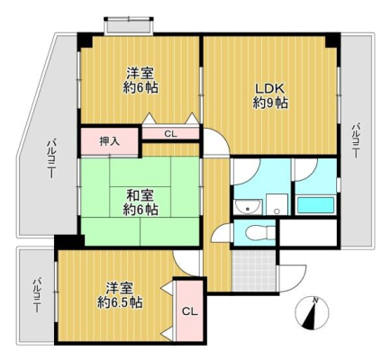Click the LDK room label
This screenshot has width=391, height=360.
(x=269, y=88)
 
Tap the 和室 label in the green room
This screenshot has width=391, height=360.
(x=140, y=196)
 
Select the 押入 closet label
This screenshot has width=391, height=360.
(x=110, y=141)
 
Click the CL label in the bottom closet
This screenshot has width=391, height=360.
(x=190, y=312)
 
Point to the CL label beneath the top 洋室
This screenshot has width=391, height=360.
(x=170, y=134)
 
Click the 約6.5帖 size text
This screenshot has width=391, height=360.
(x=120, y=303)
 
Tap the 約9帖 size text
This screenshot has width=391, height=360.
(x=270, y=103)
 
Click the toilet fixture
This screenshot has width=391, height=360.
(x=259, y=232)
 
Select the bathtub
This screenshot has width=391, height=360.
(x=315, y=205)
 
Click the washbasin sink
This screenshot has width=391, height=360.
(x=248, y=207)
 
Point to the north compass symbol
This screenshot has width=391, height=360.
(x=312, y=313)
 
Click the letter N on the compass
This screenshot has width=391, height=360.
(x=315, y=300)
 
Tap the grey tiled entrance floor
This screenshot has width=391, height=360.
(x=254, y=271)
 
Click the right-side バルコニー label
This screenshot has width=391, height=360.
(x=356, y=140)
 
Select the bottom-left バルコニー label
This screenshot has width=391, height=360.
(x=37, y=295)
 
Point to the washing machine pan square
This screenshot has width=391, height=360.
(x=277, y=204)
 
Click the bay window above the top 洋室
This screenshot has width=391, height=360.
(x=129, y=25)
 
